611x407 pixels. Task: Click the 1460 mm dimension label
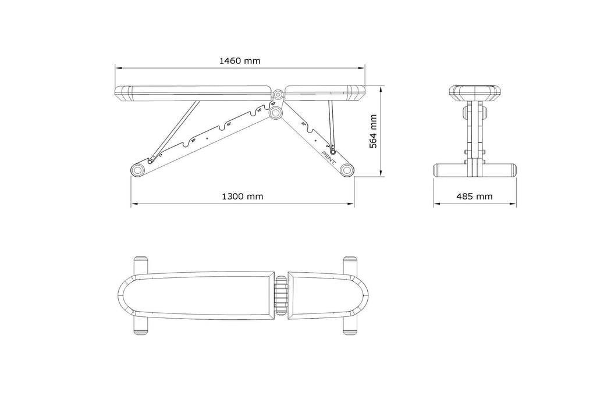tap(239, 60)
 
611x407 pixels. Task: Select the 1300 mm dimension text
tap(242, 197)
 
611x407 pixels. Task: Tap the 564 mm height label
tap(374, 131)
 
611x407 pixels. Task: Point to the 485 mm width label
tap(474, 197)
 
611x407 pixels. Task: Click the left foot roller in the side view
tap(138, 170)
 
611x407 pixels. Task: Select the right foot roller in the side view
tap(347, 170)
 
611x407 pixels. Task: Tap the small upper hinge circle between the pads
tap(278, 94)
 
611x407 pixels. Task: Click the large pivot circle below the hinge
tap(275, 110)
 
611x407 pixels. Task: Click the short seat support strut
tap(331, 122)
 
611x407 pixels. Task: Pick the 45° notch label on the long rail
tap(229, 123)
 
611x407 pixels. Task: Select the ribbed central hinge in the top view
tap(282, 295)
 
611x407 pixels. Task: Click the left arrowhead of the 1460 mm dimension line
tap(116, 67)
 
